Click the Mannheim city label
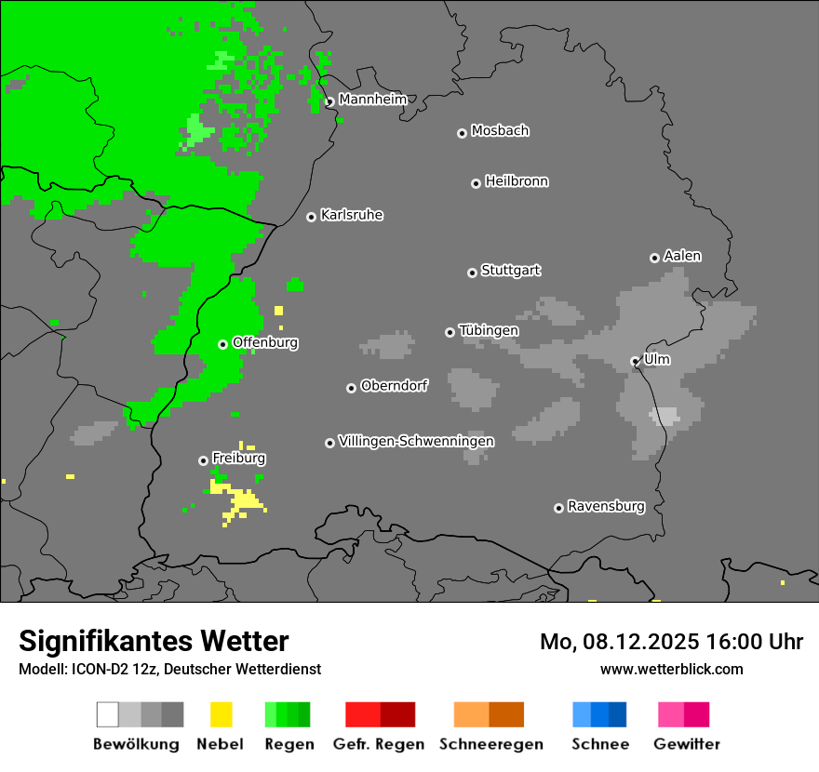[372, 100]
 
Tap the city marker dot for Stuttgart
[472, 273]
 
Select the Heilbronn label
[517, 181]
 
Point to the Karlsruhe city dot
[312, 217]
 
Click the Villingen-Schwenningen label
[416, 441]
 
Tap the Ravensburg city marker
[558, 508]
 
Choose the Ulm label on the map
[657, 359]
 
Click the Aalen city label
[682, 256]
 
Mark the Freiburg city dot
[203, 460]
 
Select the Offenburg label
[265, 342]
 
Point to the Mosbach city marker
[462, 133]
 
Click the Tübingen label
[489, 330]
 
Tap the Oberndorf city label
[395, 385]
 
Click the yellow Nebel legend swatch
[222, 714]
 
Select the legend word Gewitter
[687, 744]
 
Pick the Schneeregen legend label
[491, 744]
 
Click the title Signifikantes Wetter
[154, 641]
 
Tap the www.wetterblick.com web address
[672, 669]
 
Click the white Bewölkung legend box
[108, 714]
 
